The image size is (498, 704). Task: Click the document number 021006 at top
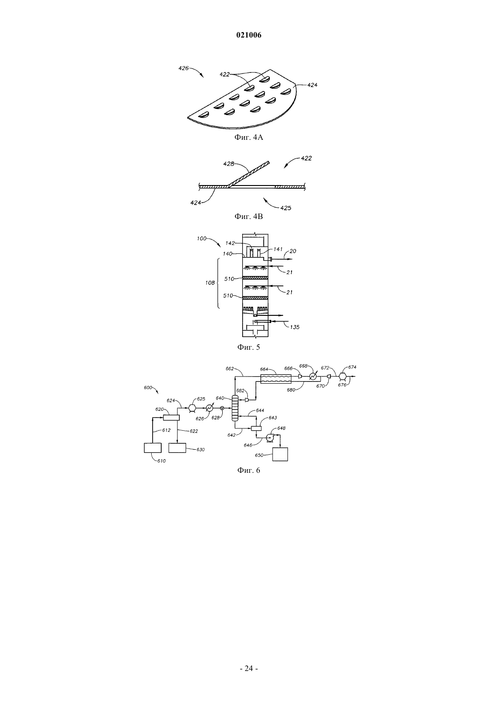click(249, 35)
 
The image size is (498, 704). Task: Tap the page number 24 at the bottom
click(249, 668)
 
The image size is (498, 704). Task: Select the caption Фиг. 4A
click(249, 138)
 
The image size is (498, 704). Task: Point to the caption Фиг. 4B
click(249, 216)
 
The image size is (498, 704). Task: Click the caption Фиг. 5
click(249, 347)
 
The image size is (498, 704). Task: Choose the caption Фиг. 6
click(249, 470)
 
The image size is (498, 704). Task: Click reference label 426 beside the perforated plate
click(184, 68)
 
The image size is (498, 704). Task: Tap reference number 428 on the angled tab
click(229, 163)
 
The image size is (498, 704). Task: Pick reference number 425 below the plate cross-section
click(286, 208)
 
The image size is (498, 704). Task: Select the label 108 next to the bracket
click(210, 282)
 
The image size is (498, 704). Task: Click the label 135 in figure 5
click(295, 327)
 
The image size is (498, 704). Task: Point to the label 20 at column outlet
click(293, 251)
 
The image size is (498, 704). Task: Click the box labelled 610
click(153, 447)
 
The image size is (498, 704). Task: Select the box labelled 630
click(177, 447)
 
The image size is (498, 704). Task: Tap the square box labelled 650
click(280, 454)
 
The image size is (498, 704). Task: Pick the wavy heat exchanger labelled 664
click(276, 379)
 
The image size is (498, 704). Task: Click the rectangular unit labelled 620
click(171, 417)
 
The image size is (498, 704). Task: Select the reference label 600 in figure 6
click(148, 387)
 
